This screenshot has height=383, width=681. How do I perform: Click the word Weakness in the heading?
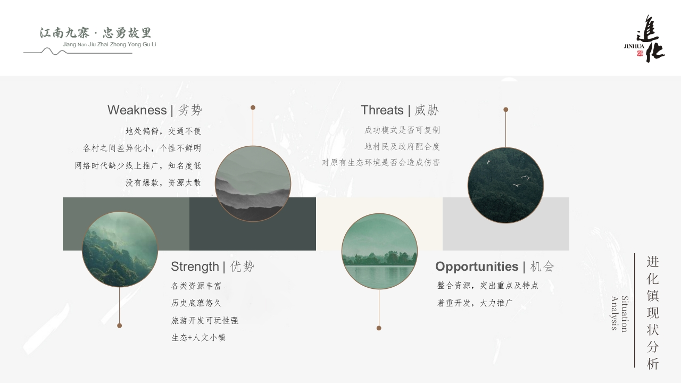[137, 110]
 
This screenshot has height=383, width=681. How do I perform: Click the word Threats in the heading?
[382, 110]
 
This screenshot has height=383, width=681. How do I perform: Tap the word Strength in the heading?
[195, 267]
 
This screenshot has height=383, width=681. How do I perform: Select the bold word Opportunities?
[477, 267]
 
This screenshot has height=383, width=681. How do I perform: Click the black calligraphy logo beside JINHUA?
[651, 39]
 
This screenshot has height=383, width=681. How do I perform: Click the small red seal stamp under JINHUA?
[640, 53]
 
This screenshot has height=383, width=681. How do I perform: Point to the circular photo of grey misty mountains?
[253, 184]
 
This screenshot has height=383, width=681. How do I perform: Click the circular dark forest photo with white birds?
[505, 185]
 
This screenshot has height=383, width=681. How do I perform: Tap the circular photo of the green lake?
[379, 251]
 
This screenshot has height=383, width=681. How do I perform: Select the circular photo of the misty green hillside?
[120, 249]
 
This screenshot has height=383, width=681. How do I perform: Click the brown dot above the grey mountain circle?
[253, 107]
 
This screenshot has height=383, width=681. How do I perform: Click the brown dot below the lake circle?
[379, 328]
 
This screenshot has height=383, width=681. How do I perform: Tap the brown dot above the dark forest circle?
[505, 110]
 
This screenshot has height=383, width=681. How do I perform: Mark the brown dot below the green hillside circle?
[120, 326]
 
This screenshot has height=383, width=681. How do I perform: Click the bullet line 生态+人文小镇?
[198, 338]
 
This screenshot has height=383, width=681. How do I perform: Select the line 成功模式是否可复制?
[402, 130]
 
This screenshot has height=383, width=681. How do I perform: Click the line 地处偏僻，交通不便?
[163, 131]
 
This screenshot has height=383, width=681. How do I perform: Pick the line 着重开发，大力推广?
[475, 303]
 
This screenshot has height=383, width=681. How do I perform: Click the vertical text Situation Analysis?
[620, 313]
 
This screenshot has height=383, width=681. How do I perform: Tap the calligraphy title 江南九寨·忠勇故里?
[95, 33]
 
